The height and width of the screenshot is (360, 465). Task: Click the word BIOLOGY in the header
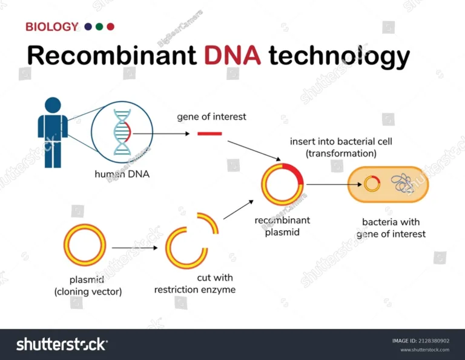click(x=51, y=27)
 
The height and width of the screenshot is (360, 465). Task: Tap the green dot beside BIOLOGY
click(x=99, y=27)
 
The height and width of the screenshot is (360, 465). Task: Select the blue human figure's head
click(x=53, y=105)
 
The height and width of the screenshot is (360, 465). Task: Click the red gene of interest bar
click(x=209, y=133)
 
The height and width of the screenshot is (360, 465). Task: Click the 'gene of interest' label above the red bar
click(x=211, y=116)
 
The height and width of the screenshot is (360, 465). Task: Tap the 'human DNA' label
click(x=122, y=174)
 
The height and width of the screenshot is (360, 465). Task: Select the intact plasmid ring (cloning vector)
click(x=85, y=245)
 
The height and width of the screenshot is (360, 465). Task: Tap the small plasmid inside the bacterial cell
click(x=372, y=184)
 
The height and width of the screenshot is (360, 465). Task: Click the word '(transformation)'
click(x=341, y=154)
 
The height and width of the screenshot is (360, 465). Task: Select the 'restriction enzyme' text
click(x=194, y=290)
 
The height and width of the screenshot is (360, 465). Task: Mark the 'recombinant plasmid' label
click(x=282, y=225)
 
